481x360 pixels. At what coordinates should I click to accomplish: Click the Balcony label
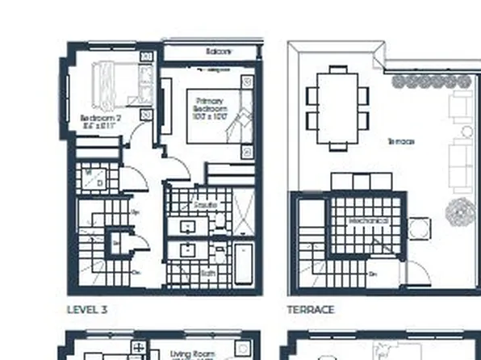219,52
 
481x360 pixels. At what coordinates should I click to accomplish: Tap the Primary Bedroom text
209,103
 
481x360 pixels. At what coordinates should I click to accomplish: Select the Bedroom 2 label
101,119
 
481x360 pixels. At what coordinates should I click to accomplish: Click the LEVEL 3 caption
86,309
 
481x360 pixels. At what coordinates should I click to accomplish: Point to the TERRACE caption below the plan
310,309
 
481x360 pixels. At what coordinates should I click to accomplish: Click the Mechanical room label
368,220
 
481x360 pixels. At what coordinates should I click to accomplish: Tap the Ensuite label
205,206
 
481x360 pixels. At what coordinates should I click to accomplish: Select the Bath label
207,273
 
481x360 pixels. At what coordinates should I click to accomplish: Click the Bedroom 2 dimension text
101,127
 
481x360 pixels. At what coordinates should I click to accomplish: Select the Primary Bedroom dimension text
209,117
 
